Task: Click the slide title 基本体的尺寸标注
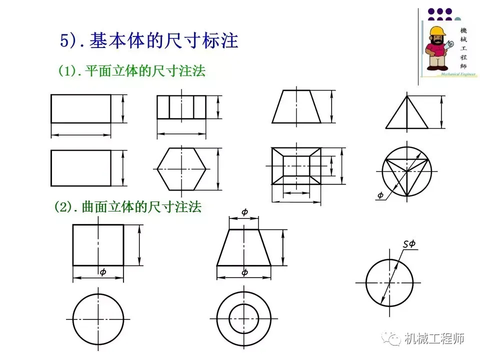163,41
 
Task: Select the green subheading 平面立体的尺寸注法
145,71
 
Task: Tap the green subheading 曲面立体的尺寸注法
141,207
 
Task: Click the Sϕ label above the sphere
409,244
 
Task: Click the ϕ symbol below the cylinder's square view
103,272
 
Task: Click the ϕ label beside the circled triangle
380,195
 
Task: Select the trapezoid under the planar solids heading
296,106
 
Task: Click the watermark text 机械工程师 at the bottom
435,339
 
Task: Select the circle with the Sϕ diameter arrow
389,282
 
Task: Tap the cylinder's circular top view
98,318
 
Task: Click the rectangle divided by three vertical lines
181,107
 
